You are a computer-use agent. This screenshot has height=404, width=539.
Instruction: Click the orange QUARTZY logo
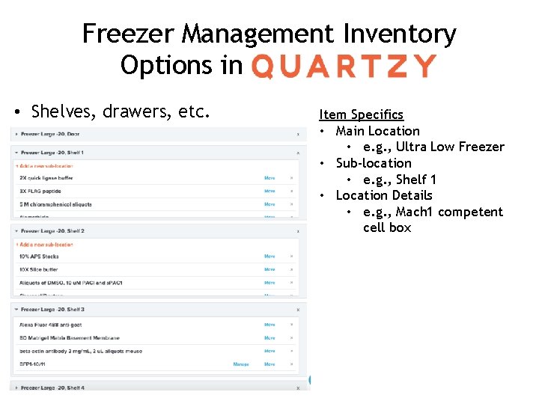tap(344, 66)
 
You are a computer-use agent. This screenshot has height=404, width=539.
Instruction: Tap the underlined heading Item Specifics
tap(361, 114)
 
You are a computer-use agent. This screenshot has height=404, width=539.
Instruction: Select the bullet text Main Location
tap(377, 131)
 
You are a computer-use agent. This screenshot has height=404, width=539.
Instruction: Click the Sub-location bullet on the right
tap(373, 163)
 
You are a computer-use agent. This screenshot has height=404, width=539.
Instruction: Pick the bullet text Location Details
tap(383, 195)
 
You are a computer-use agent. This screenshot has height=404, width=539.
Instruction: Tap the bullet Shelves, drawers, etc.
tap(120, 112)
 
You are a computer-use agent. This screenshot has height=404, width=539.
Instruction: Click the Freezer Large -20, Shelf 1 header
tap(52, 153)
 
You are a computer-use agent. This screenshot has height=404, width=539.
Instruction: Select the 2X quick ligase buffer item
tap(46, 178)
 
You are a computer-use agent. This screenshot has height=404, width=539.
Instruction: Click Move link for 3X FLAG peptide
tap(269, 192)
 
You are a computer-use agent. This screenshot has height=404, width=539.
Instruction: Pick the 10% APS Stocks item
tap(39, 257)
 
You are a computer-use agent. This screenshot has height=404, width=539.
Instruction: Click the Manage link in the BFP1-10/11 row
tap(241, 364)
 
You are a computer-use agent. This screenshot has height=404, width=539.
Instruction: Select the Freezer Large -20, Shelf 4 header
tap(52, 388)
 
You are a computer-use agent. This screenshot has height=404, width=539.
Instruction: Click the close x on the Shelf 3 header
tap(298, 310)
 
